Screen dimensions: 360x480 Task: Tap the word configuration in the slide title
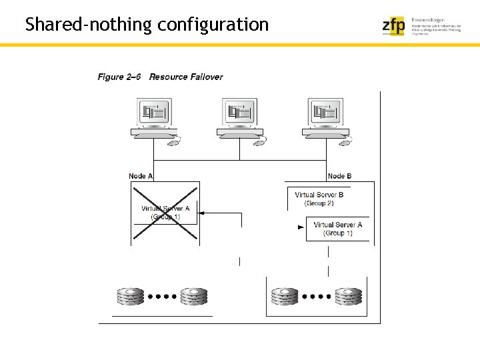(213, 25)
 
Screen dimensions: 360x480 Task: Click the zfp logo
(393, 25)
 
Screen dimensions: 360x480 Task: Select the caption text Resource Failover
(186, 77)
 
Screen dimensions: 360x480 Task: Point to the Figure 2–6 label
(119, 77)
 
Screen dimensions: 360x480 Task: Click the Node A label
(141, 176)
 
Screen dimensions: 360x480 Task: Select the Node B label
(339, 176)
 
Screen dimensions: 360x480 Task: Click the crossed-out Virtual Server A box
(165, 212)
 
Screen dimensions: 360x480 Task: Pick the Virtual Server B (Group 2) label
(319, 199)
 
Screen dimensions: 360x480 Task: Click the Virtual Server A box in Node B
(337, 229)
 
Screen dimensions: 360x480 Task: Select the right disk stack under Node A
(194, 295)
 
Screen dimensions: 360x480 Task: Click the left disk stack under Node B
(285, 295)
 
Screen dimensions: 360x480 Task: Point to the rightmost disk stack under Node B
(347, 295)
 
